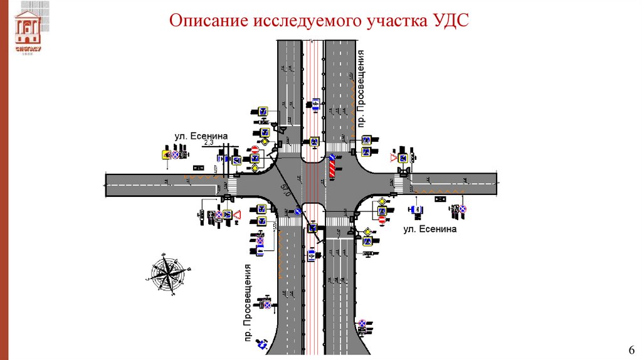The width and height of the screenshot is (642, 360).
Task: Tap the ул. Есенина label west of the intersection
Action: click(201, 135)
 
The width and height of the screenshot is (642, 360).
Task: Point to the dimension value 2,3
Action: click(209, 143)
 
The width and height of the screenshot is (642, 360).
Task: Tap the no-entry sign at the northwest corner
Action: click(255, 151)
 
